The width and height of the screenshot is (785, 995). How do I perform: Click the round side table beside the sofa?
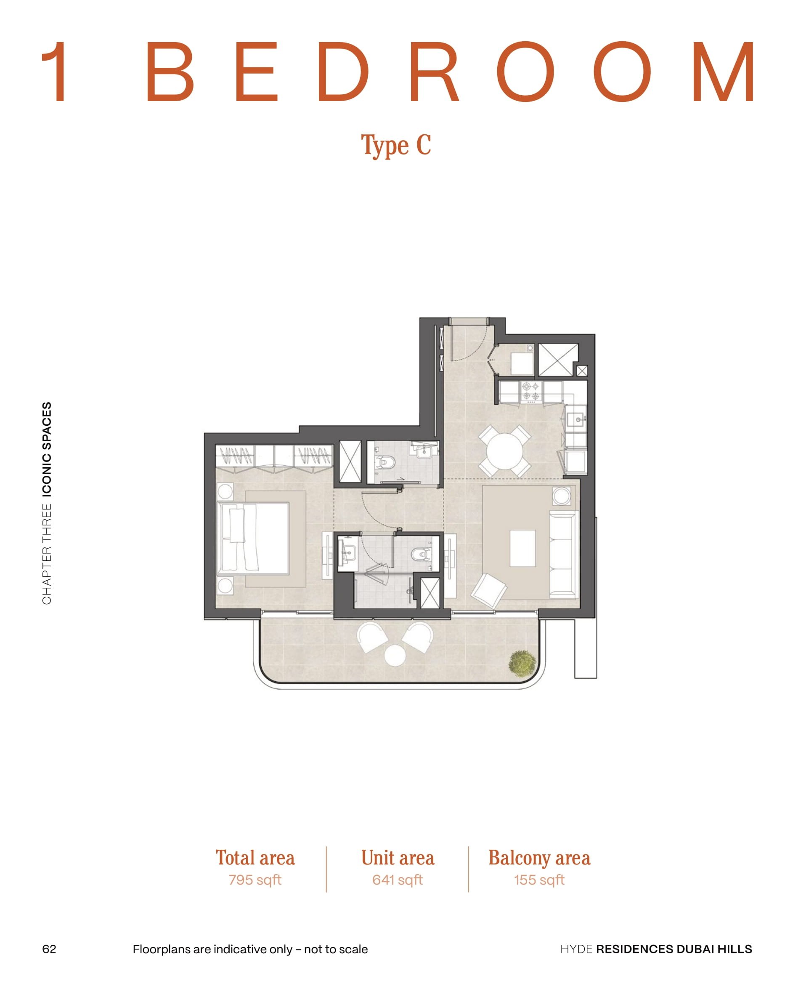pyautogui.click(x=562, y=496)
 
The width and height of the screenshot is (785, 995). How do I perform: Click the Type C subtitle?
pyautogui.click(x=396, y=145)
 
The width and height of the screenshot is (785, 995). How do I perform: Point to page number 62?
pyautogui.click(x=49, y=949)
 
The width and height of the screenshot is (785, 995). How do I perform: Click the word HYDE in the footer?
pyautogui.click(x=576, y=949)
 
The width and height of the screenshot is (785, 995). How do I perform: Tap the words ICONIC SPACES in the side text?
pyautogui.click(x=47, y=450)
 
